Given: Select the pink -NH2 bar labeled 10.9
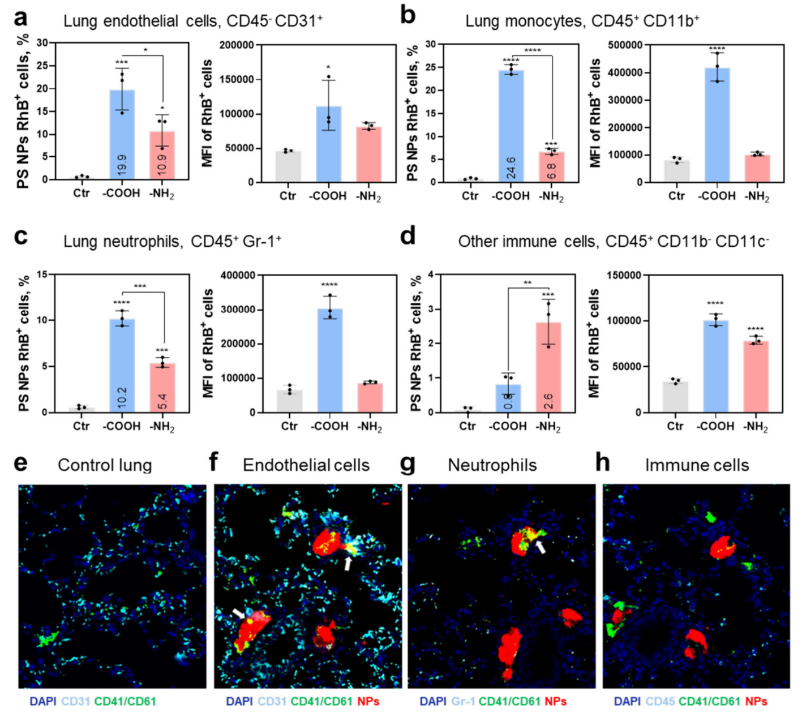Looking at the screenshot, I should (x=162, y=156).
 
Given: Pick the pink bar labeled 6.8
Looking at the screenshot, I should (x=551, y=167).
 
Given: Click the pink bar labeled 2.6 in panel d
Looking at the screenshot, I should (x=548, y=367).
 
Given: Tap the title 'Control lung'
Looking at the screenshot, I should (x=105, y=465).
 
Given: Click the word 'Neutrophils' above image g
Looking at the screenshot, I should (x=492, y=465).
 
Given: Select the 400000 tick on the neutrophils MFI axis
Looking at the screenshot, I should (x=237, y=276).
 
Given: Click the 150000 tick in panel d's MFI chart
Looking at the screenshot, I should (x=624, y=276).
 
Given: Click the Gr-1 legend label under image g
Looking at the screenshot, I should (x=463, y=702).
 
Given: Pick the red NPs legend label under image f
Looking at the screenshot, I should (x=368, y=702).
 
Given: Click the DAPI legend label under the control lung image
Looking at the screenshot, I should (x=43, y=702).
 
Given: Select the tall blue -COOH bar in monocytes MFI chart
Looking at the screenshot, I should (x=717, y=125).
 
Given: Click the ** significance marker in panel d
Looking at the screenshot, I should (x=527, y=282).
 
